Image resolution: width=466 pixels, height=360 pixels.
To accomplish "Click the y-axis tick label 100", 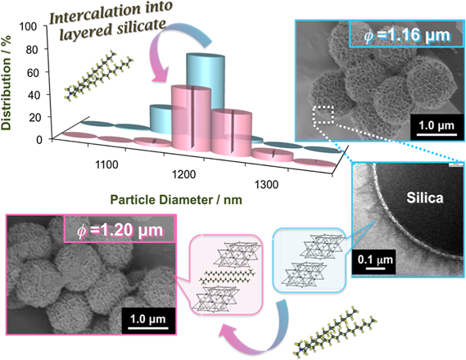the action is pos(28,27).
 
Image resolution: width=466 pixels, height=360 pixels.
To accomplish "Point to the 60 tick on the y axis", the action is pos(33,73).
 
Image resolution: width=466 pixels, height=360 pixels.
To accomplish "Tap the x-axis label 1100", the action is pos(106,164).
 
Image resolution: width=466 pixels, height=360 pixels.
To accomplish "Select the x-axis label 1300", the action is pos(267,185).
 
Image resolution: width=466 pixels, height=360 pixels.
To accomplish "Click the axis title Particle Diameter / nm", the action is pos(176,200).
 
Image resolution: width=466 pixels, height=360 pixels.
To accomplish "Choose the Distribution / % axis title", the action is pos(6,83).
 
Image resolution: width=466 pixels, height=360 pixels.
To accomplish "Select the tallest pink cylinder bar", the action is pos(192,118).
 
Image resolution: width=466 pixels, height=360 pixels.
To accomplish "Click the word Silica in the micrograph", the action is pos(425,198).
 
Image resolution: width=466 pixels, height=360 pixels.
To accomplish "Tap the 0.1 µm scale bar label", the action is pos(375,259).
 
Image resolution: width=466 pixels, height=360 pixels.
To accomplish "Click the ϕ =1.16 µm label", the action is pos(407,36).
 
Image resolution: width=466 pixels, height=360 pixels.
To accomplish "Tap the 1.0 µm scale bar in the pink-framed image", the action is pos(147,328).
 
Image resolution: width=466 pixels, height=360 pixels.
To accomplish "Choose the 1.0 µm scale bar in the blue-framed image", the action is pos(437,135).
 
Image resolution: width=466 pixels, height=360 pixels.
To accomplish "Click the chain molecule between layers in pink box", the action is pos(227,277).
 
